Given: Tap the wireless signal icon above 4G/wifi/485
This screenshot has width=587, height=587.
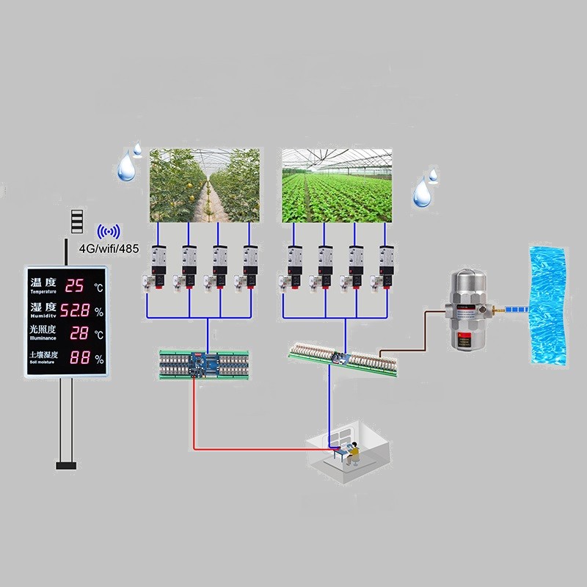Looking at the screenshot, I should tap(108, 231).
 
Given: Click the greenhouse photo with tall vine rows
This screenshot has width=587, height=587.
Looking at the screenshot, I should tap(205, 186).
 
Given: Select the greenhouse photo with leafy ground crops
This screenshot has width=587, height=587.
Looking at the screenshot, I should tap(337, 186).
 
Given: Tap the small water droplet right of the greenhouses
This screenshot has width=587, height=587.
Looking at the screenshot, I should tap(433, 175).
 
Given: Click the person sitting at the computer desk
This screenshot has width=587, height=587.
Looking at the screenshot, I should tap(353, 453).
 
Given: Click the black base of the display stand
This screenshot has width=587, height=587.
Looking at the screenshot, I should tap(66, 464).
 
